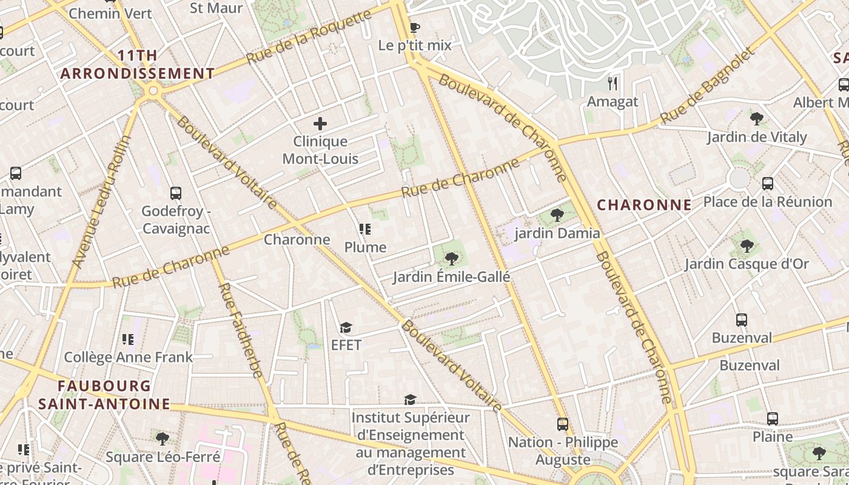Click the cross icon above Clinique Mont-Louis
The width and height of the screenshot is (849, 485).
[x=320, y=124]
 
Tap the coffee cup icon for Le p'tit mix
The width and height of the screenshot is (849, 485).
[x=415, y=27]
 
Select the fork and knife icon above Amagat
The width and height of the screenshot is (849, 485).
[x=612, y=84]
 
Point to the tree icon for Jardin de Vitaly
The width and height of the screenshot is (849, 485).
[x=756, y=119]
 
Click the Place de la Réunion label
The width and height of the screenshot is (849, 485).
[x=767, y=202]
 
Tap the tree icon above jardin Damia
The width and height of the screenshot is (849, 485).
[x=557, y=215]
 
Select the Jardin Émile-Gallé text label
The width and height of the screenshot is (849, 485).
[x=451, y=277]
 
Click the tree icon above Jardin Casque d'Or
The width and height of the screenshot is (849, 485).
[x=747, y=246]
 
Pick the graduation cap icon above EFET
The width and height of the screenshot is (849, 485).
[x=346, y=328]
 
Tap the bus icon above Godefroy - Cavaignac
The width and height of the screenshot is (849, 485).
[x=176, y=193]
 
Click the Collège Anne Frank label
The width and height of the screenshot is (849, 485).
[x=128, y=357]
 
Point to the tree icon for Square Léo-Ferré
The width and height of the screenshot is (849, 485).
[x=162, y=438]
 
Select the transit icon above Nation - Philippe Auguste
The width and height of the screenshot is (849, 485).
[x=563, y=424]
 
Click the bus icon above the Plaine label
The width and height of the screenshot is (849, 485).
[x=773, y=418]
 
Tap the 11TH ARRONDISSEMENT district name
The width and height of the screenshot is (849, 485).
[x=137, y=65]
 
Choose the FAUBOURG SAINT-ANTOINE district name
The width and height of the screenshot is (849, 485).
[x=104, y=395]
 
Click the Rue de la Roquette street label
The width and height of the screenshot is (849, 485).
[x=309, y=37]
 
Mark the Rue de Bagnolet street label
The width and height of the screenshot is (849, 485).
[x=708, y=87]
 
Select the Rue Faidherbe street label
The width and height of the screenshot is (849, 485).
[x=241, y=330]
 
